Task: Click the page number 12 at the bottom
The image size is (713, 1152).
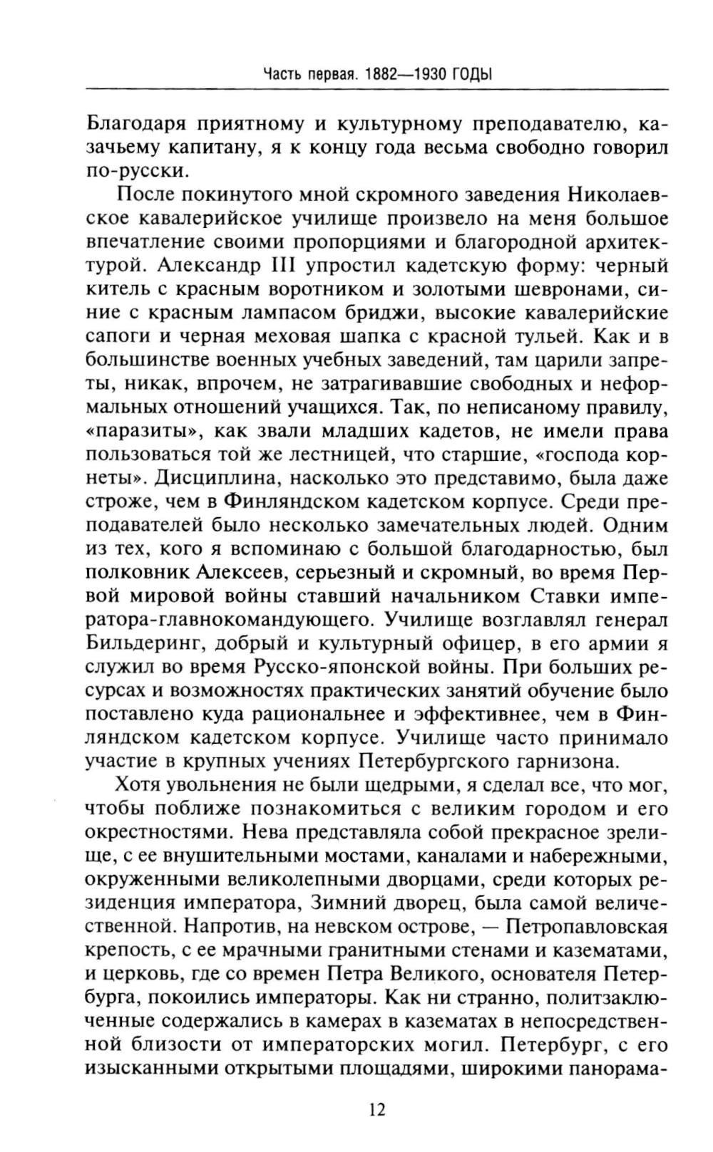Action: [x=377, y=1109]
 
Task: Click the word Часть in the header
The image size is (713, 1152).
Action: [x=282, y=73]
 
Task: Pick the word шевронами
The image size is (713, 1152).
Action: [x=545, y=290]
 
